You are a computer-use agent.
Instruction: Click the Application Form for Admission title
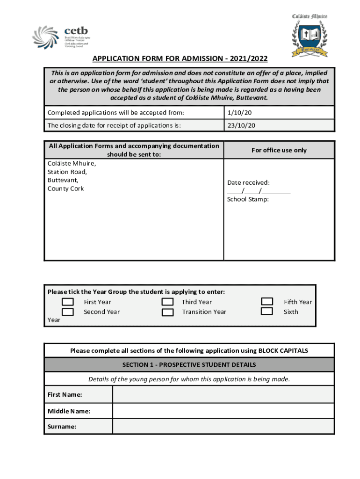180,59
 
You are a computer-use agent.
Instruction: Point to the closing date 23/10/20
241,125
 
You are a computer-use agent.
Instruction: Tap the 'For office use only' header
279,150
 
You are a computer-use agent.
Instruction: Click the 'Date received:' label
248,183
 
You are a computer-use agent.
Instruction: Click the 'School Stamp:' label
248,199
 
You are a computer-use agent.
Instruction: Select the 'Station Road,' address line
67,172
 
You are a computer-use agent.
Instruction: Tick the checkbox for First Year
68,302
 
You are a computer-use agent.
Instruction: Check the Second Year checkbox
68,312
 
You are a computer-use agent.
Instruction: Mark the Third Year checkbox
167,302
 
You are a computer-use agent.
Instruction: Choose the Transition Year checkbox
167,312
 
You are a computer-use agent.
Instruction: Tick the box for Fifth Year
267,302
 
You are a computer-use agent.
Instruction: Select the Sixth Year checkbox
267,311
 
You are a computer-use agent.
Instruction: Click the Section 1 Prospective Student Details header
189,365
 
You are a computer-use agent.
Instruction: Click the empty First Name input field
223,395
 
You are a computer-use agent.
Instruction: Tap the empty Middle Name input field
223,411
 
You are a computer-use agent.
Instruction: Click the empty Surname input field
223,426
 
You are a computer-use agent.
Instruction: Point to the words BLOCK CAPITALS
283,351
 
